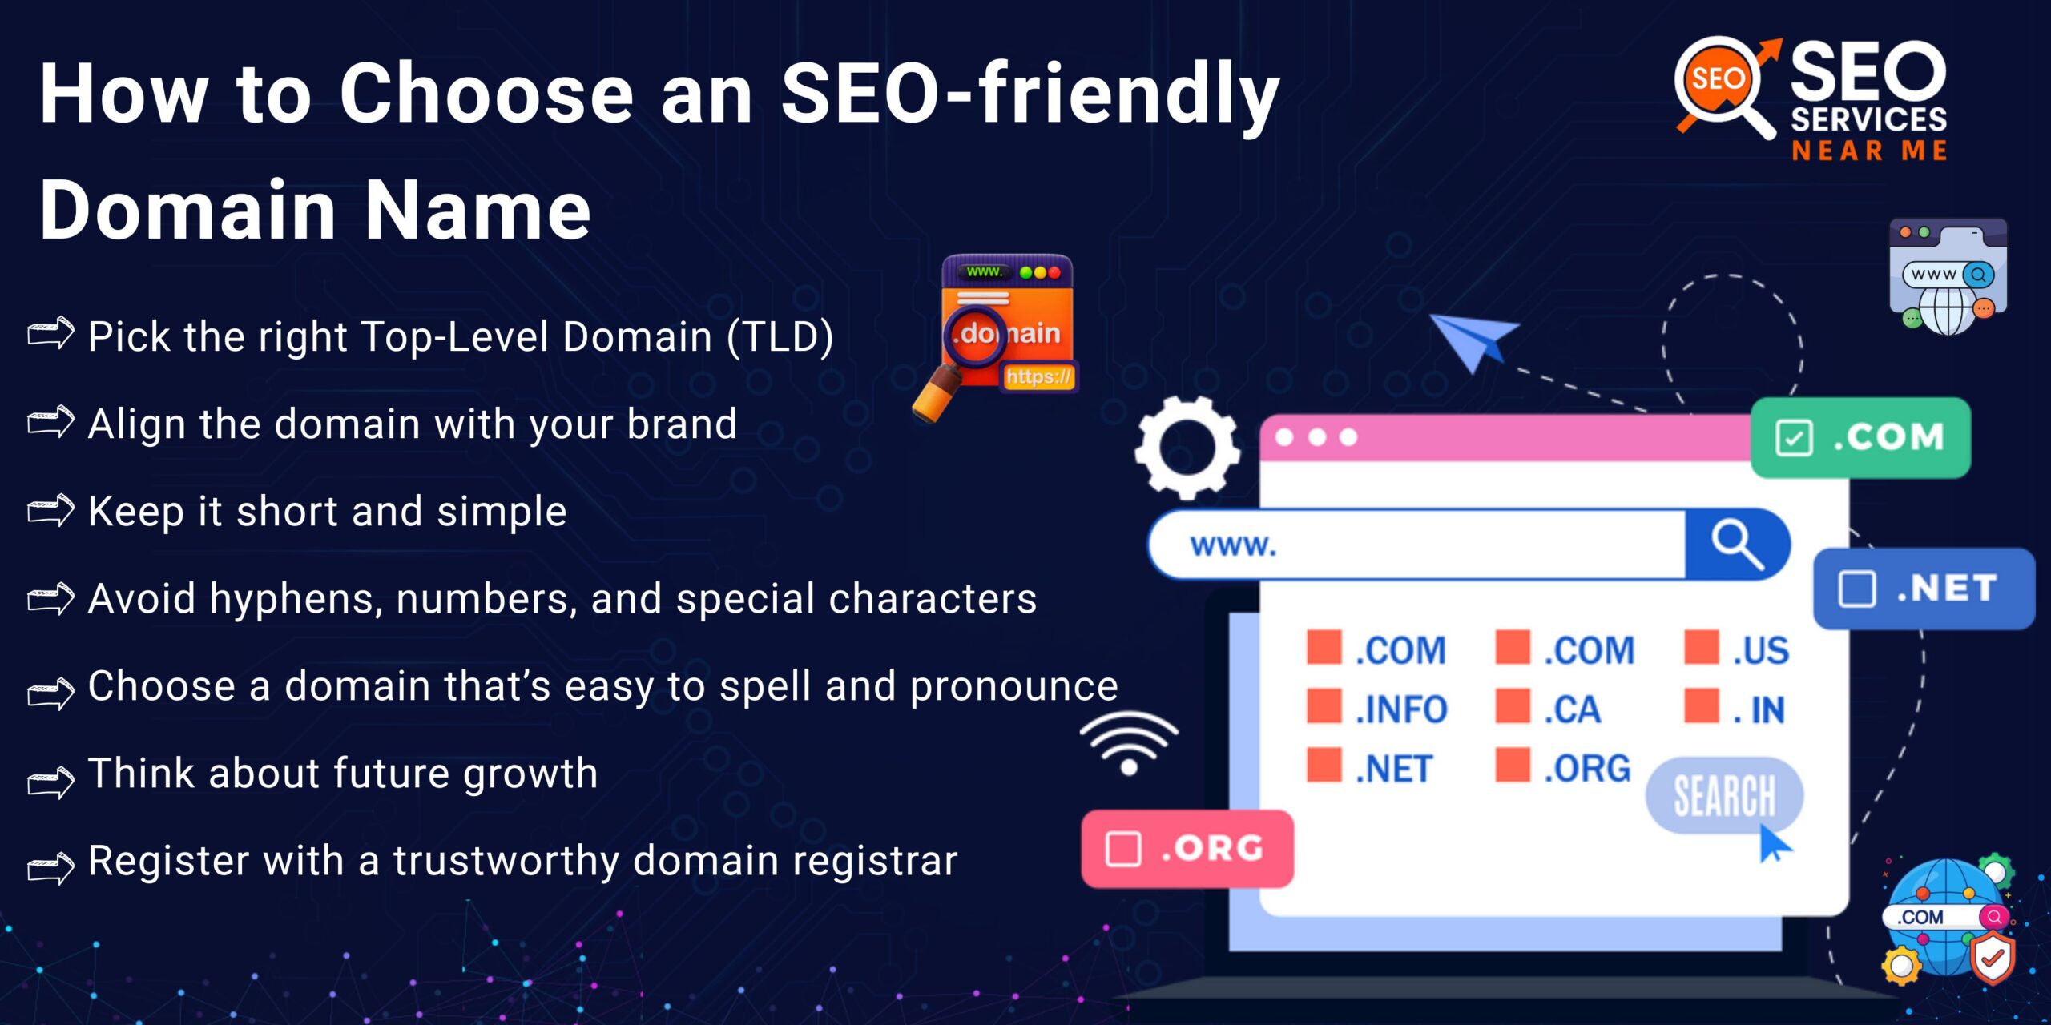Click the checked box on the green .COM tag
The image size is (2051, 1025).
point(1793,438)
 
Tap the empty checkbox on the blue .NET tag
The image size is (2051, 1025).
point(1856,589)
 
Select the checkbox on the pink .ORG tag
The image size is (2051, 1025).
point(1123,849)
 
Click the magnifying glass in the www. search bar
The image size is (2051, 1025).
point(1736,545)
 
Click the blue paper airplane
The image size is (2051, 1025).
point(1473,340)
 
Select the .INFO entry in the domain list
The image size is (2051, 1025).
point(1400,709)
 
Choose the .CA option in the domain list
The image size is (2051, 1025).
point(1572,709)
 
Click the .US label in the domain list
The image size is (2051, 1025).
point(1760,650)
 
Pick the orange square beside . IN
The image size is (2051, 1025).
point(1702,705)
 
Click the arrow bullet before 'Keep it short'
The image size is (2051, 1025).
point(50,510)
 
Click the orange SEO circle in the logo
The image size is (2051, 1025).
point(1717,79)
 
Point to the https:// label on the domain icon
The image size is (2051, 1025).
point(1038,376)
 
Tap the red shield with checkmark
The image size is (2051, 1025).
point(1993,958)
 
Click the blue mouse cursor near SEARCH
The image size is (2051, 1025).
point(1772,844)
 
